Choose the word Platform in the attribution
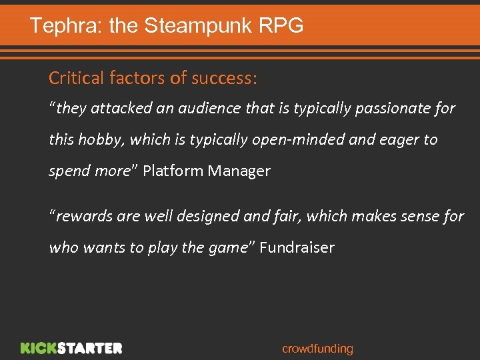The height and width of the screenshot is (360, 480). click(x=173, y=171)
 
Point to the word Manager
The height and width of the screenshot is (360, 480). click(x=239, y=171)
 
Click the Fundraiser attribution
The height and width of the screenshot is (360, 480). click(x=297, y=247)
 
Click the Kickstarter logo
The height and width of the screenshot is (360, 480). click(x=71, y=348)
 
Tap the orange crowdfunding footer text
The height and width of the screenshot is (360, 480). click(x=317, y=349)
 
